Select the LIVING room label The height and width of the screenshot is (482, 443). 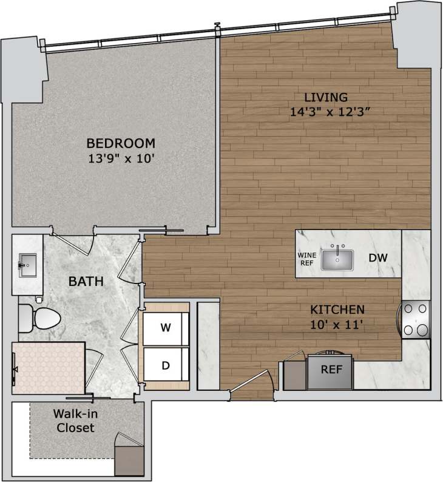[325, 97]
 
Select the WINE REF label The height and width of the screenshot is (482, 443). [306, 259]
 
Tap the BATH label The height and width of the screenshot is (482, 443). [85, 281]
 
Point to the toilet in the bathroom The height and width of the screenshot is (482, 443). [40, 316]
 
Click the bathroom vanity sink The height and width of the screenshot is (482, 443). [27, 265]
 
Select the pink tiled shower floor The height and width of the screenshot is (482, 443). [49, 368]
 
